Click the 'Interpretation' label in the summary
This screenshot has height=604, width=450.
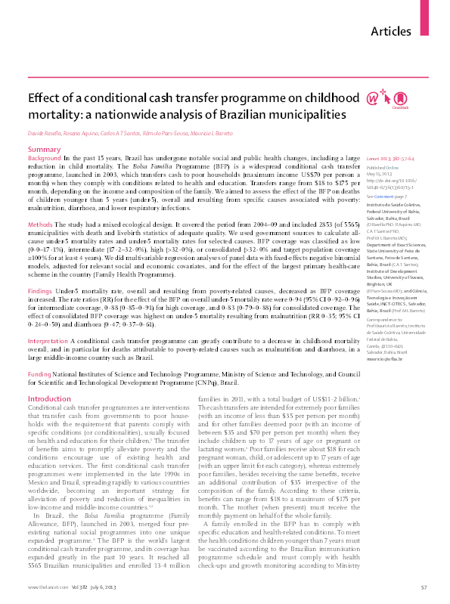click(x=48, y=342)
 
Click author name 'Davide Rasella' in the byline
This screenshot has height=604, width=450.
click(x=45, y=134)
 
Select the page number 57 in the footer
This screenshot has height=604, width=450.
click(x=424, y=587)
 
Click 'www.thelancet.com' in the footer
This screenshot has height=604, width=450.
click(x=43, y=587)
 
